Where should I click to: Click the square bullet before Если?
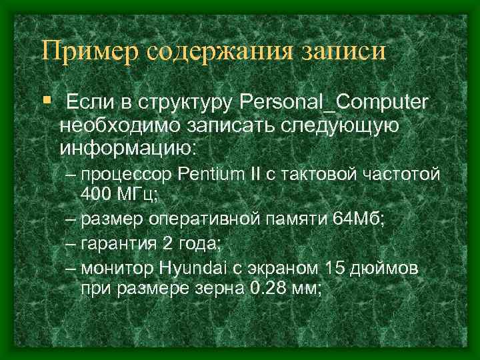tap(46, 100)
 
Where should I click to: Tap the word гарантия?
tap(115, 243)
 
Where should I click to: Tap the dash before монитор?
tap(71, 268)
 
